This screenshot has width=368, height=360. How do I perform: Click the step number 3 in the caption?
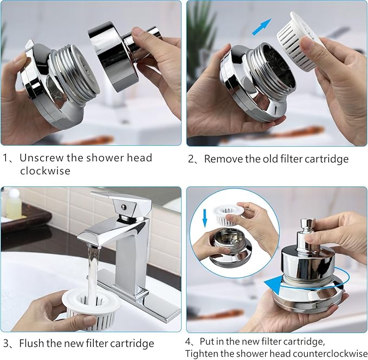coord(6,343)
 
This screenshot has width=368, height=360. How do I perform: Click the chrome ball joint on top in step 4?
coord(308,226)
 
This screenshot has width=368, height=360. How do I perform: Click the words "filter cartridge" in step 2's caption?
coord(317,159)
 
